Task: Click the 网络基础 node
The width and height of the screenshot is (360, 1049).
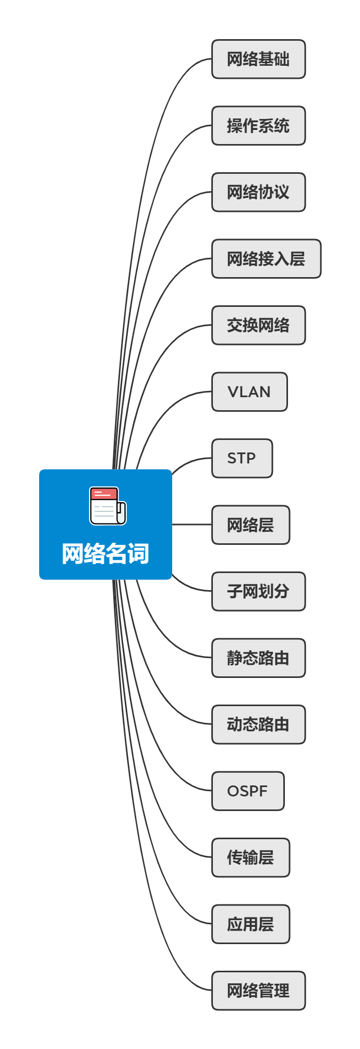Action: (x=258, y=59)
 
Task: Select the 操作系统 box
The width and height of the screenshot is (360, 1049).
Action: (x=258, y=126)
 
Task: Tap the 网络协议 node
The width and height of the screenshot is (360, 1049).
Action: (x=258, y=192)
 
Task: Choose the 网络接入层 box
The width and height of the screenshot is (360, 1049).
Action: (x=266, y=259)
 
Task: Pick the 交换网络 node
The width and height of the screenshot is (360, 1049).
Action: (x=258, y=325)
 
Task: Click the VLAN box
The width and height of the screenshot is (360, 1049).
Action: (x=249, y=392)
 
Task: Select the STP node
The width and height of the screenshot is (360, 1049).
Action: (x=242, y=458)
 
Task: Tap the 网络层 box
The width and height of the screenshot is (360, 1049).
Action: (x=250, y=525)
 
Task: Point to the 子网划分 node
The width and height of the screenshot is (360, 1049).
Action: (x=258, y=591)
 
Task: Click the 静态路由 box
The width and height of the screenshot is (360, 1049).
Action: (x=258, y=658)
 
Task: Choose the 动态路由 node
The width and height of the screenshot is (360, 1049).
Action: (x=258, y=724)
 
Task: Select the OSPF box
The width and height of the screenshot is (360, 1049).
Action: (x=248, y=791)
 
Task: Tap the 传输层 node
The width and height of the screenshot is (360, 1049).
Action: (x=250, y=857)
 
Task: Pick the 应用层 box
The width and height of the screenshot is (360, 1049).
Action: (x=250, y=924)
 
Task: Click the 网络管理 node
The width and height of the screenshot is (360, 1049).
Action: (x=258, y=991)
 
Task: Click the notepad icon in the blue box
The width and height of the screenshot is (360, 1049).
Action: (x=107, y=506)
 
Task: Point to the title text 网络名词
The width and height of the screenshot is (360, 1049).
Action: (x=105, y=554)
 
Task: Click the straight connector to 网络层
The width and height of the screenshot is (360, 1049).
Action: (x=191, y=524)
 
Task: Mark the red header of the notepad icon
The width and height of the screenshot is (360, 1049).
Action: (x=103, y=493)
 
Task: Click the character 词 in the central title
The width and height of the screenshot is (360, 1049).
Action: (x=139, y=554)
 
